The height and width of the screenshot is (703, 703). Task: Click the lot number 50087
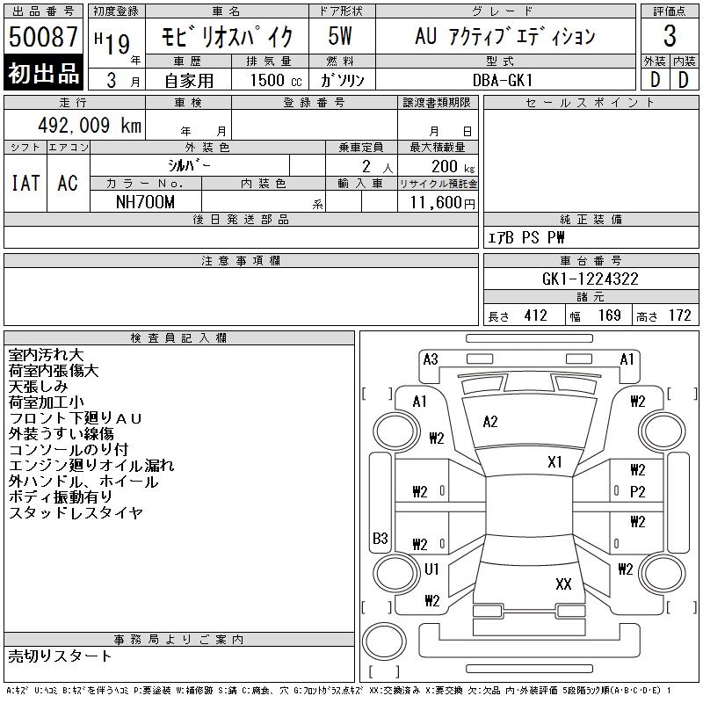43,36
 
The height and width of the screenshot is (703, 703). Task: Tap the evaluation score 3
670,36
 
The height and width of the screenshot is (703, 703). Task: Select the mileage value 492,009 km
90,126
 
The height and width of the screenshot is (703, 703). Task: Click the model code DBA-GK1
503,80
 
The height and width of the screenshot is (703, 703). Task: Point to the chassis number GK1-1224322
590,279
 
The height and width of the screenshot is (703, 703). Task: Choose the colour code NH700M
145,202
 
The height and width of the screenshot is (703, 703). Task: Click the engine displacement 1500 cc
276,80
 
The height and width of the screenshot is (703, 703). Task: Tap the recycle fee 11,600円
442,203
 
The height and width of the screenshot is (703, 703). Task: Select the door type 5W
340,36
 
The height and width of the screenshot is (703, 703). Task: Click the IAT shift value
25,183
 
